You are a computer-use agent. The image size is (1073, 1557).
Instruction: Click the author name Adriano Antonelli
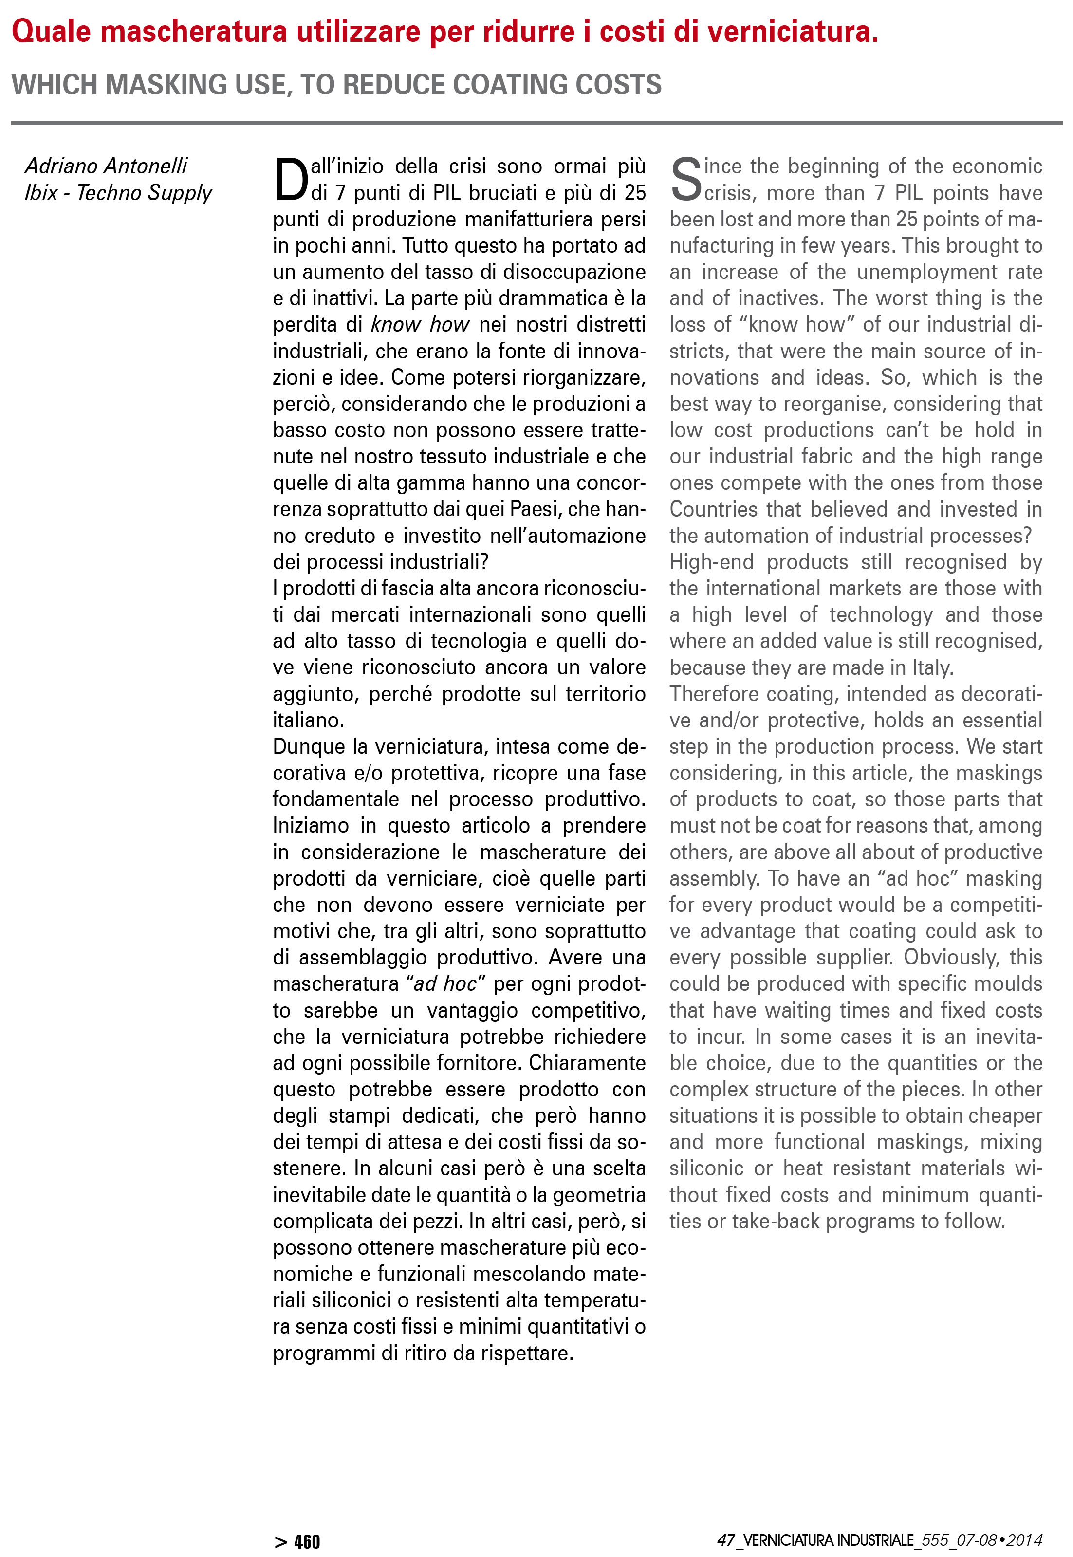106,166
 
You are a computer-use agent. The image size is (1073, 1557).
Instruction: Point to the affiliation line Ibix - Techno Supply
118,192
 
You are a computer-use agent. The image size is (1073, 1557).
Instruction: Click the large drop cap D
291,180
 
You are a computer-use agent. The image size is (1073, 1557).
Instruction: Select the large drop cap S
686,180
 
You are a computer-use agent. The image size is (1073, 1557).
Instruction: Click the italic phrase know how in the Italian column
420,325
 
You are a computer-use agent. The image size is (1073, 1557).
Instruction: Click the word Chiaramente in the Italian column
587,1063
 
